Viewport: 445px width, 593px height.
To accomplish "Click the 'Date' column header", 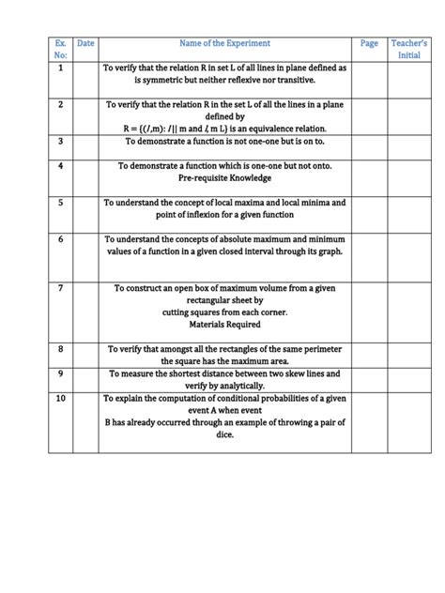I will [85, 43].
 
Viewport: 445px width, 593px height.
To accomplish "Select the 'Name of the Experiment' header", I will [224, 43].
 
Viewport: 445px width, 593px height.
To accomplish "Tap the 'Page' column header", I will [369, 43].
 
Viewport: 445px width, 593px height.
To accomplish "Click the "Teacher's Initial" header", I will [409, 49].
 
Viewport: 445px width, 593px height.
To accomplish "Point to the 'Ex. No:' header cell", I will [61, 49].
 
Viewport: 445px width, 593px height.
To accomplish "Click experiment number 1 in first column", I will [61, 68].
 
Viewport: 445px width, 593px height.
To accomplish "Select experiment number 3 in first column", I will [61, 141].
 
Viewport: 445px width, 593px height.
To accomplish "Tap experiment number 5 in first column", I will [61, 202].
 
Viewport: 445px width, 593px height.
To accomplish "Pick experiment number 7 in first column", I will [61, 288].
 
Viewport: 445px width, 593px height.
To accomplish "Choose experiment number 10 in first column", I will [61, 398].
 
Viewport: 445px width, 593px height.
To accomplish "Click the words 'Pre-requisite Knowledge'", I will [224, 177].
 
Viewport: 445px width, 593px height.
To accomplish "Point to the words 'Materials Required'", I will [224, 325].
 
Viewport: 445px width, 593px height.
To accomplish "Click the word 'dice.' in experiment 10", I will [224, 434].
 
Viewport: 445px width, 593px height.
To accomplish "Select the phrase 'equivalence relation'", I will [282, 129].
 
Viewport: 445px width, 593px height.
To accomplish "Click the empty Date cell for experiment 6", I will [85, 253].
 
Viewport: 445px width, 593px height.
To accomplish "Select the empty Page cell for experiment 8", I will [369, 355].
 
